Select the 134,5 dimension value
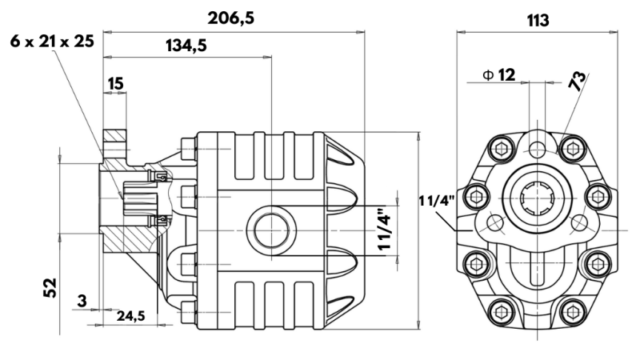pos(186,46)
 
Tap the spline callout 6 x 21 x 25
pos(52,41)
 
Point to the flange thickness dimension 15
pos(114,82)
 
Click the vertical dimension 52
pos(50,286)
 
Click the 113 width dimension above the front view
pos(538,20)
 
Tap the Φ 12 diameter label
pos(499,74)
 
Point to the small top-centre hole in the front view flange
pos(536,147)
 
